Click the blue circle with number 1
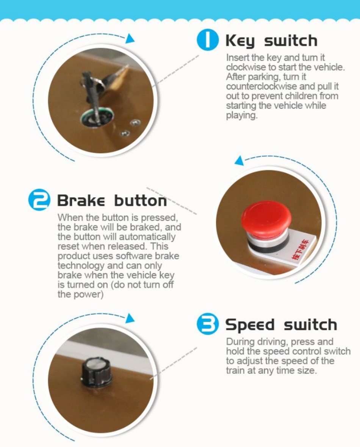point(208,41)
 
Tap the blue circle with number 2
point(39,200)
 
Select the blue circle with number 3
point(208,324)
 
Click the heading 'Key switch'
point(271,41)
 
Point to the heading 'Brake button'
point(112,201)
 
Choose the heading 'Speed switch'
point(281,325)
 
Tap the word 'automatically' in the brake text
point(147,237)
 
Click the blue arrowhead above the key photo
point(130,39)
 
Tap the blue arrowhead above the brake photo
point(239,161)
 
